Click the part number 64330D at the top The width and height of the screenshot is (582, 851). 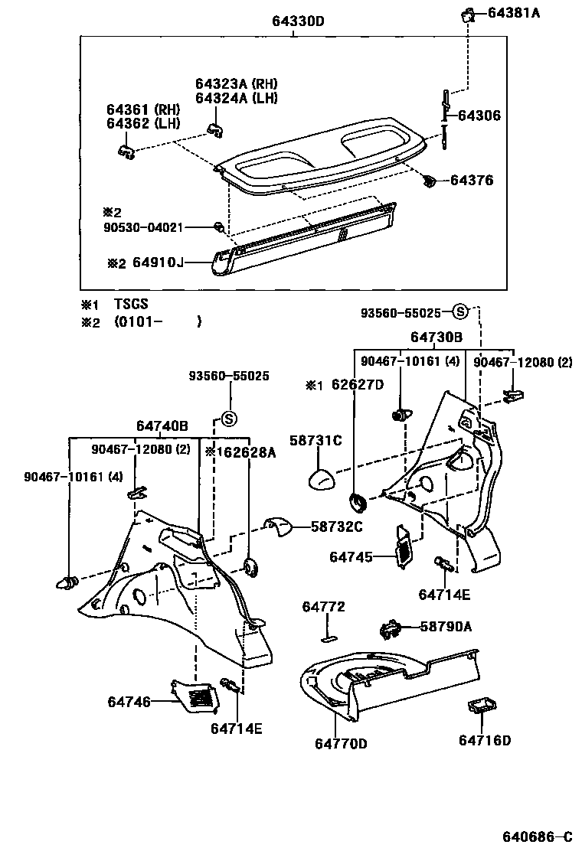tap(298, 21)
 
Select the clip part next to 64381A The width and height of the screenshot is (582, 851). tap(466, 14)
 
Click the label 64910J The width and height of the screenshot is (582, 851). tap(159, 263)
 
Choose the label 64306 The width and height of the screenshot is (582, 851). tap(479, 116)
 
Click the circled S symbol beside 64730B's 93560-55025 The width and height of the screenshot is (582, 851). tap(459, 311)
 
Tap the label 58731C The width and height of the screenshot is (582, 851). tap(316, 441)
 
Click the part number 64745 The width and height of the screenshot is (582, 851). tap(351, 557)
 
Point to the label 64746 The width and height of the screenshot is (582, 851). tap(129, 701)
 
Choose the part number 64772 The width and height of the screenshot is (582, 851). tap(323, 607)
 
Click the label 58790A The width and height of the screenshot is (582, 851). tap(445, 627)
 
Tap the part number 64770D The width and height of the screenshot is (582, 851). tap(341, 743)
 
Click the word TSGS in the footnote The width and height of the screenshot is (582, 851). tap(131, 304)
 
